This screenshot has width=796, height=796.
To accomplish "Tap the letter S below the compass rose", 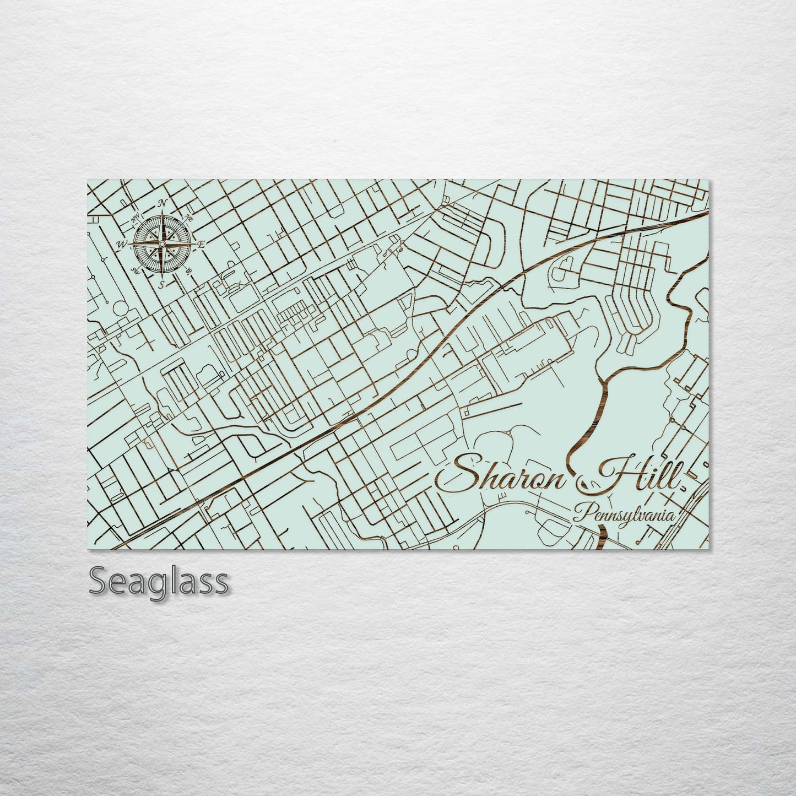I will [x=162, y=285].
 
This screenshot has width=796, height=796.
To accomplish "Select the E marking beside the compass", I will [x=202, y=244].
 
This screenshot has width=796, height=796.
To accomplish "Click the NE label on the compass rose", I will [x=189, y=216].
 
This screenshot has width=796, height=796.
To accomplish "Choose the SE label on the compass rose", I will [x=189, y=271].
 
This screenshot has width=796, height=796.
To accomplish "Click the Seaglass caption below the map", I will [x=158, y=581].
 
